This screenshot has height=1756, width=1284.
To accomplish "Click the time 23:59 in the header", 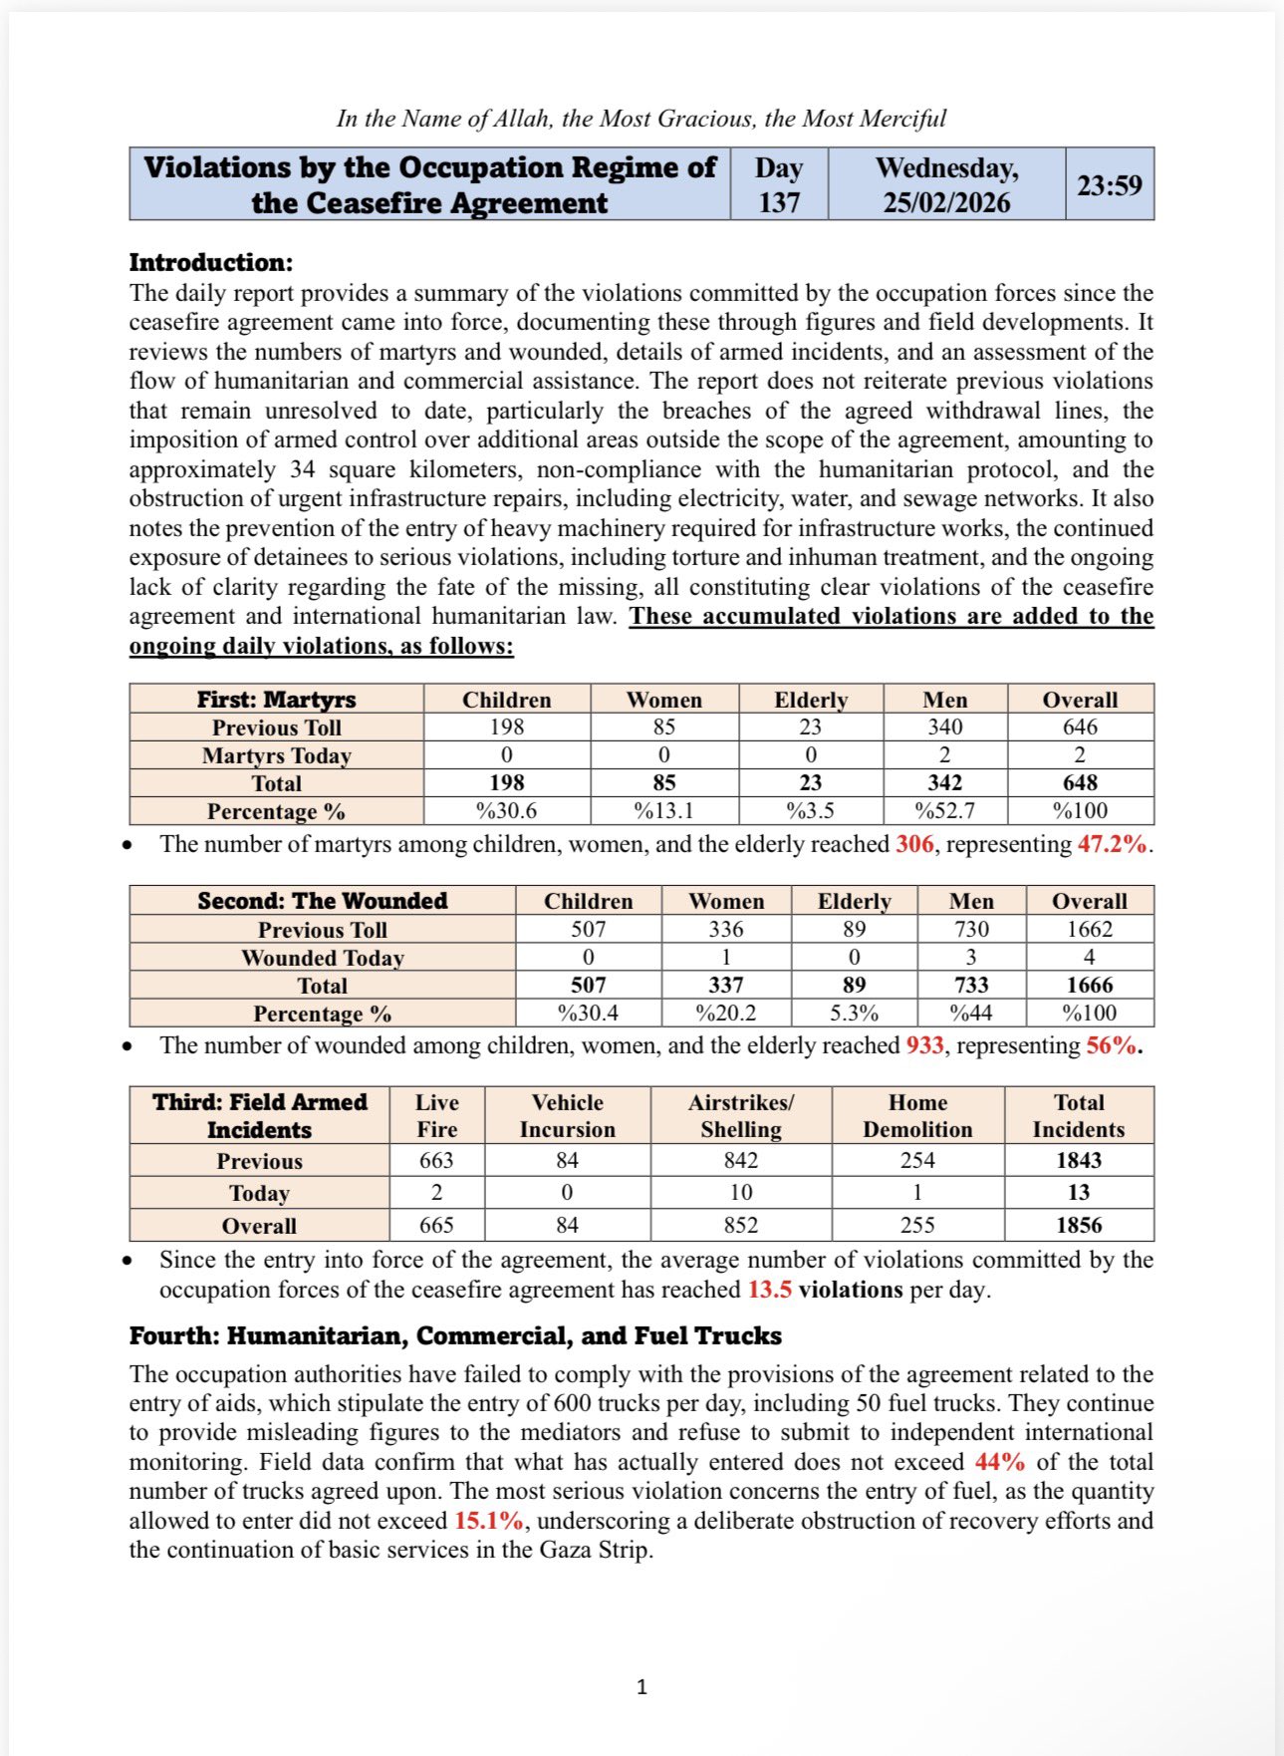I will coord(1109,185).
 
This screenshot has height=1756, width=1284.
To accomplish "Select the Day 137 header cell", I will coord(778,185).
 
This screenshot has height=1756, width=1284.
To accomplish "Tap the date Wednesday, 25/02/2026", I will coord(946,185).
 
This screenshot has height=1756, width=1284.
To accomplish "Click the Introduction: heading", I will coord(211,262).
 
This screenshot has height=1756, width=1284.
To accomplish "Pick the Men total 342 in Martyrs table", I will coord(944,783).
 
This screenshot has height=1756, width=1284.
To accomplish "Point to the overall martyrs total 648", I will coord(1080,783).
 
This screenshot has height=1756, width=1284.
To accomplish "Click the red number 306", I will coord(914,845).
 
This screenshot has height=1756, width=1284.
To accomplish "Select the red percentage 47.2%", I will coord(1112,845).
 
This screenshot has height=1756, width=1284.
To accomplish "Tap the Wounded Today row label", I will coord(322,958).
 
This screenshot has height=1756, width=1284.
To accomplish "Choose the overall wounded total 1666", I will coord(1089,986).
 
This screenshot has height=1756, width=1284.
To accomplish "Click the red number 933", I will coord(924,1045).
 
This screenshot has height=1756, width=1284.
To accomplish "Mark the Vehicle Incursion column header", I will coord(567,1115).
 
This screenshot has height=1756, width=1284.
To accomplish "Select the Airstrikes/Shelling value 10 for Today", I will coord(740,1193).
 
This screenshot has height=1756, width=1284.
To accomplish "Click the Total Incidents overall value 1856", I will coord(1079,1226).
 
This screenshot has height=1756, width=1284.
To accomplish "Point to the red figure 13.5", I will coord(769,1290).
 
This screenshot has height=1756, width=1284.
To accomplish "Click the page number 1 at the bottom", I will coord(642,1686).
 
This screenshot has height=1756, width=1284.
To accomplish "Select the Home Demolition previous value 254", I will coord(916,1160).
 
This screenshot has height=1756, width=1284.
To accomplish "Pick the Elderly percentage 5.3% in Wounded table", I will coord(854,1014).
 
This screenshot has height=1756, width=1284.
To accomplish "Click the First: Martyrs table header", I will coord(276,699).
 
